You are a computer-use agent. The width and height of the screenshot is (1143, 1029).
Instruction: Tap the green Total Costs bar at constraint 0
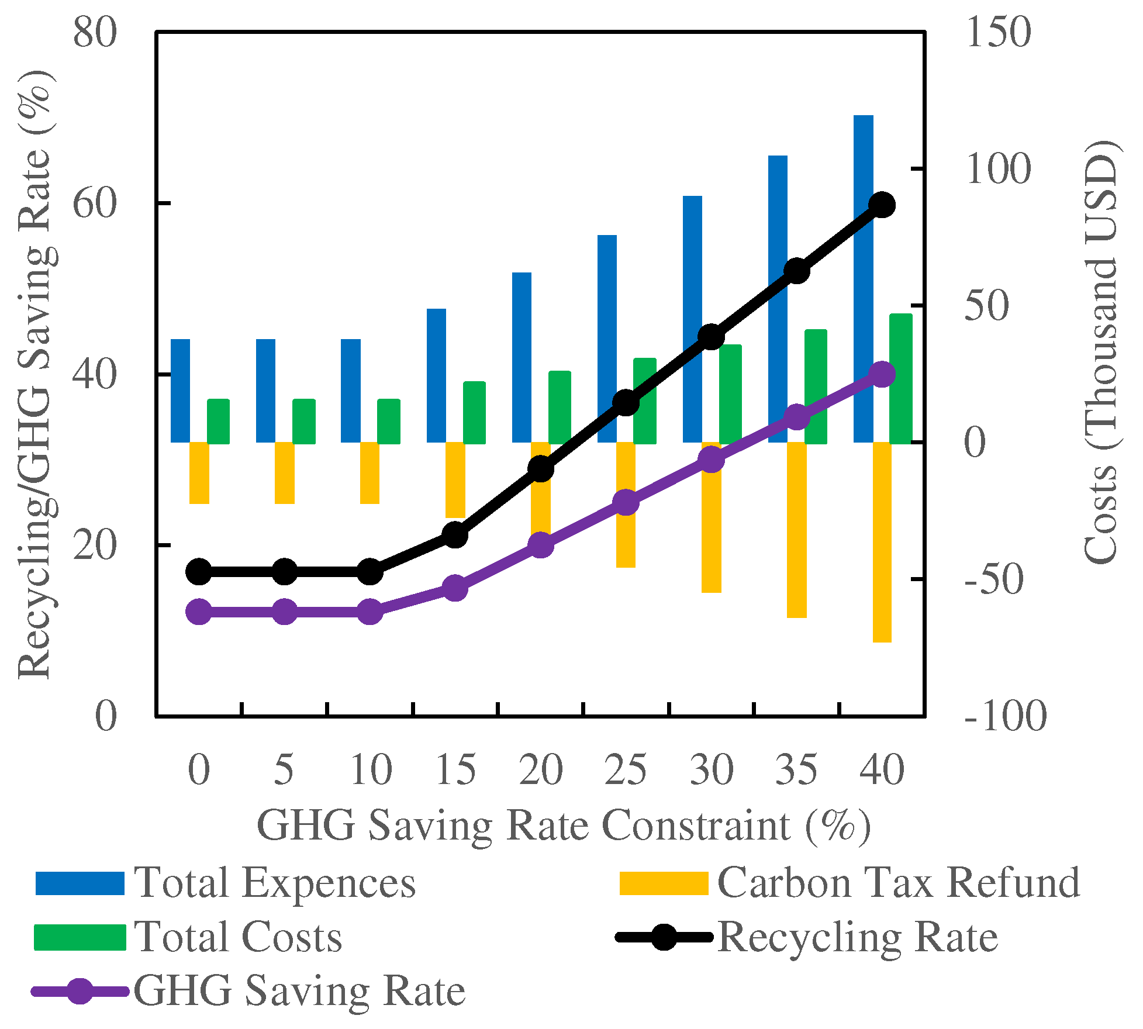point(218,422)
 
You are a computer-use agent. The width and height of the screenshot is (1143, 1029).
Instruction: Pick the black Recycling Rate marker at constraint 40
point(882,205)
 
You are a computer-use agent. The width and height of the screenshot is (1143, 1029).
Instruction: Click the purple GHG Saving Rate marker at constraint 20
point(541,545)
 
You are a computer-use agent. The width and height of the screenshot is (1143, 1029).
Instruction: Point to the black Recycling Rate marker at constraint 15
point(455,535)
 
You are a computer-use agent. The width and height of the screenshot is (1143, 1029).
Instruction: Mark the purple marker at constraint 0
point(199,612)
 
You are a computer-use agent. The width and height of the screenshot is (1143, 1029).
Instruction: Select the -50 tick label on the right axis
point(994,579)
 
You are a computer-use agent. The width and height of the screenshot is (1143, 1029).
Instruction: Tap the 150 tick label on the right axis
point(997,32)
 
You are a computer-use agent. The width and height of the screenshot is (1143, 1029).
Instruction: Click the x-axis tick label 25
point(626,770)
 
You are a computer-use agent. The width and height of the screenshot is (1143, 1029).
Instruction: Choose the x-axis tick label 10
point(371,770)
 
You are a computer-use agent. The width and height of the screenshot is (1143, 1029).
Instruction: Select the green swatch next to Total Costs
point(80,937)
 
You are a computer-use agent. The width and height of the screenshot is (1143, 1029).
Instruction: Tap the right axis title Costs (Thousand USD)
point(1100,353)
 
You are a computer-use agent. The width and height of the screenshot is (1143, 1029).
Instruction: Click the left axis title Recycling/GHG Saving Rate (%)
point(36,374)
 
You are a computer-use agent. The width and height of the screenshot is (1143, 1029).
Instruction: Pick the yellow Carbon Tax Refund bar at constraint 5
point(285,472)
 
